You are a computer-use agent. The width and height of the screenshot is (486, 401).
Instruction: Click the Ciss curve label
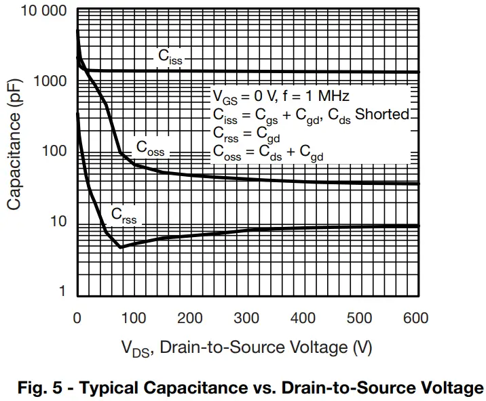[170, 57]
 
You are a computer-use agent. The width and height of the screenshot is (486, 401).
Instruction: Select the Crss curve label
[124, 217]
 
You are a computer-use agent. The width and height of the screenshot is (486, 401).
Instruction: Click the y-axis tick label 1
[63, 292]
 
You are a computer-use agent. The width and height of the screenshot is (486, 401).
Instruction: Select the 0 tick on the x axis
[77, 318]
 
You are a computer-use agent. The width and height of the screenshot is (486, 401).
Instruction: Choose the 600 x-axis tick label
[415, 318]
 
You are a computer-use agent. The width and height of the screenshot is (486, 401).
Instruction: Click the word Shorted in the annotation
[383, 114]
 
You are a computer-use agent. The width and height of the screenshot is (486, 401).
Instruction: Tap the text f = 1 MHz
[316, 96]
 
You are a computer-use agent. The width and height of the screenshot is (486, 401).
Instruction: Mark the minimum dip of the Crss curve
[121, 247]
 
